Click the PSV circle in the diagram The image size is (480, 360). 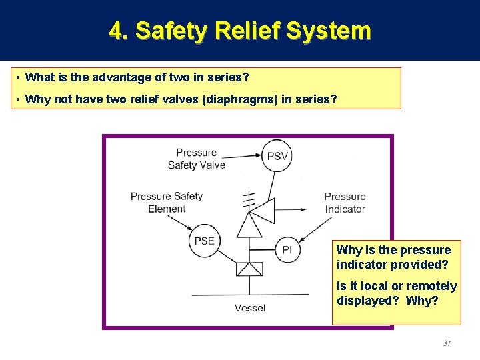coord(277,157)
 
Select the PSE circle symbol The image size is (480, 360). coord(204,241)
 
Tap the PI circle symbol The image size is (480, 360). coord(287,249)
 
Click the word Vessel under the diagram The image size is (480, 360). coord(250,308)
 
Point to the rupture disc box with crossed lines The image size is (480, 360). coord(251,269)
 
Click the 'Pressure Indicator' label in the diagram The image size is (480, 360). coord(345,203)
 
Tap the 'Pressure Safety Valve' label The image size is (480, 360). coord(197,159)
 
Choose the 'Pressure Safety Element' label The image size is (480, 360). coord(167,202)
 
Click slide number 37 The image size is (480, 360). coord(447,343)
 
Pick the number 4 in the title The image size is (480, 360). coord(116,31)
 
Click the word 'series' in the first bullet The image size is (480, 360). coord(230,78)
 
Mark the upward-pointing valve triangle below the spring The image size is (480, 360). coord(251,227)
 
